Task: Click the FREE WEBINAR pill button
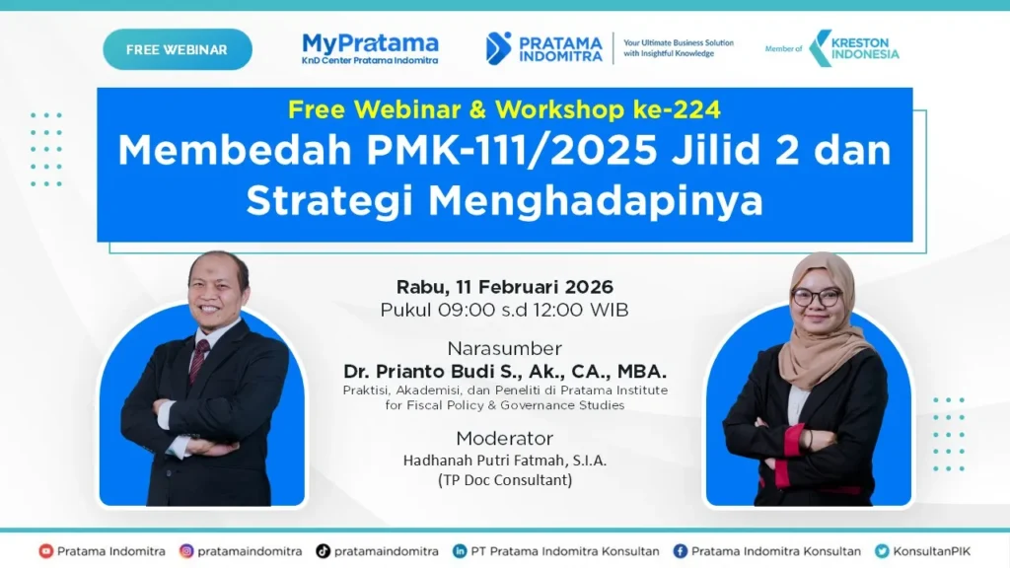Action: coord(178,49)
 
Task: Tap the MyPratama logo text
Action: coord(370,43)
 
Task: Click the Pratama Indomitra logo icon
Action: coord(499,47)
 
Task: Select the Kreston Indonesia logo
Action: coord(853,48)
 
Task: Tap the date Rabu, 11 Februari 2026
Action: coord(504,287)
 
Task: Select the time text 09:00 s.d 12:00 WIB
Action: coord(534,310)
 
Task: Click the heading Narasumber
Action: coord(504,348)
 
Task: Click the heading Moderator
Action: coord(504,438)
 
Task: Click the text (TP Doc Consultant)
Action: coord(504,480)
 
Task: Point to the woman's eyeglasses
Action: coord(816,297)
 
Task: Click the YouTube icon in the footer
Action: coord(45,551)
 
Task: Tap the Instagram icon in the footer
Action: coord(186,551)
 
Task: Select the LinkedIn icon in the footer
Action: coord(460,551)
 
